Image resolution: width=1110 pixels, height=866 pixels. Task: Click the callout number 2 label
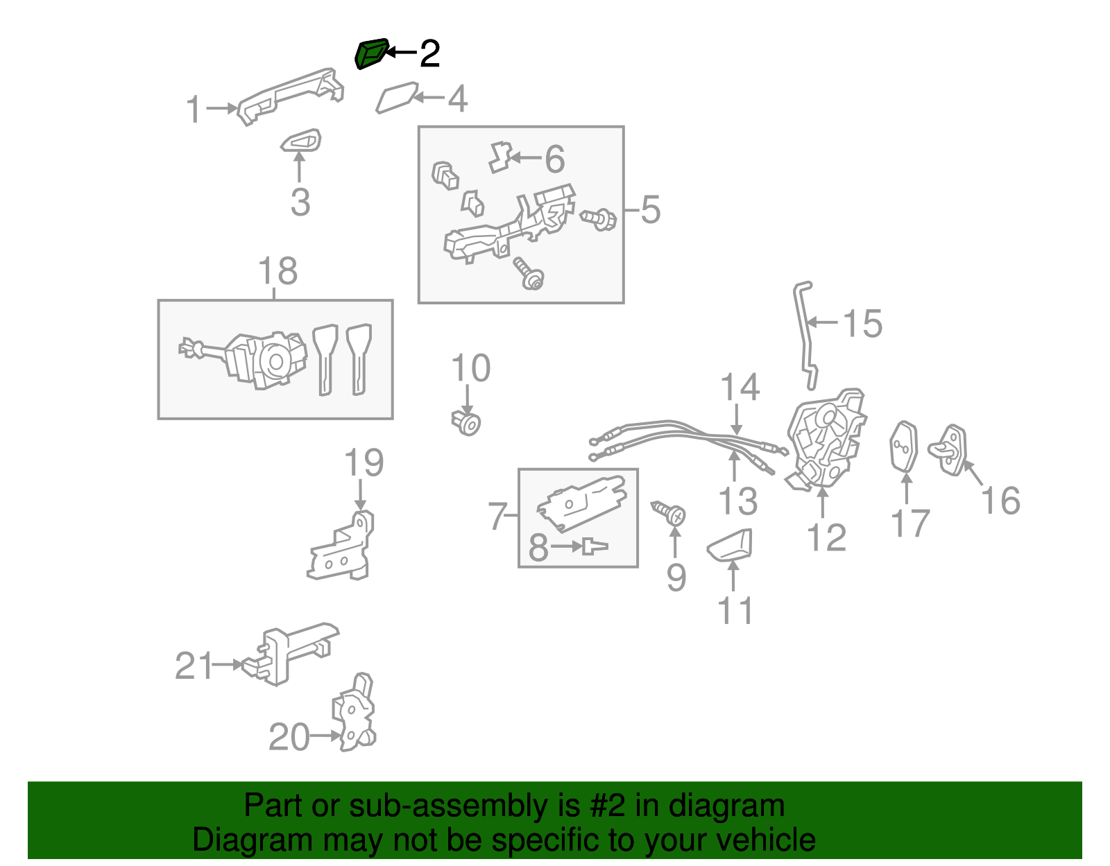click(x=430, y=53)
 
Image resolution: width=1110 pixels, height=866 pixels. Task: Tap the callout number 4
click(x=457, y=99)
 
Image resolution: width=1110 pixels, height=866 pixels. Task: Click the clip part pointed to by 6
click(x=499, y=157)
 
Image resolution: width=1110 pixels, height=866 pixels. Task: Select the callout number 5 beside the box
click(x=650, y=209)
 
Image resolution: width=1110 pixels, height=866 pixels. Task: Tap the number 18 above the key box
click(x=277, y=271)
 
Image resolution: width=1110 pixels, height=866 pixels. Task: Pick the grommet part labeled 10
click(x=466, y=422)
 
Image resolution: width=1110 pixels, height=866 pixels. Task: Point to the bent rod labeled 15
click(x=805, y=333)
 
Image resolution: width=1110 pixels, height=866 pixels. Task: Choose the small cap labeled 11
click(x=731, y=544)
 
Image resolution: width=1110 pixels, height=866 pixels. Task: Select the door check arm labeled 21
click(x=291, y=652)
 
